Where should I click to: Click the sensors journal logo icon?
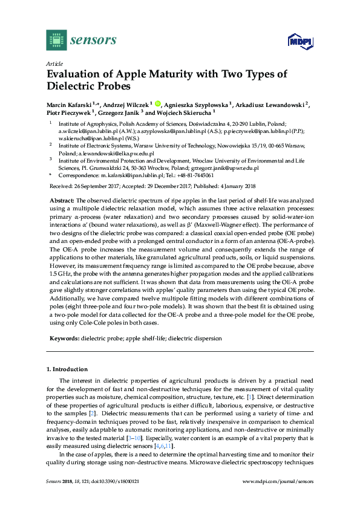click(x=56, y=40)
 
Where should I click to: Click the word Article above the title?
click(x=54, y=63)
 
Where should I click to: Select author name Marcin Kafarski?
click(x=68, y=104)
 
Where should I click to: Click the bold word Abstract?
click(x=61, y=199)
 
